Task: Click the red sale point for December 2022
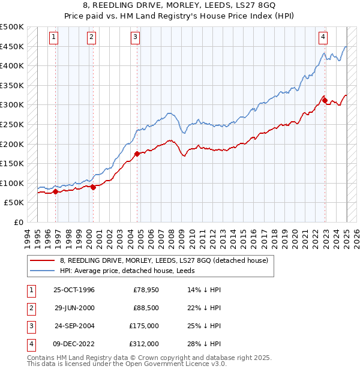pos(325,101)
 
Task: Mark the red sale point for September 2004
pos(137,154)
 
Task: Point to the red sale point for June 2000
pos(94,187)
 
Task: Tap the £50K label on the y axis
pos(14,203)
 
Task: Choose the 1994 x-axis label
pos(28,236)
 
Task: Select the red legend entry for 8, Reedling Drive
pos(167,260)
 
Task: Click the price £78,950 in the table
pos(146,290)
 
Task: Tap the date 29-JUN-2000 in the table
pos(74,308)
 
